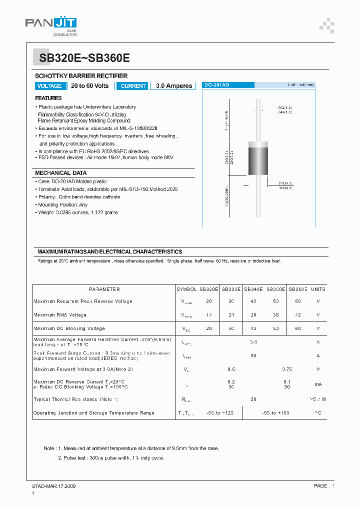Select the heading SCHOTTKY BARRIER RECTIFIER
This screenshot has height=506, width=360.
pyautogui.click(x=81, y=76)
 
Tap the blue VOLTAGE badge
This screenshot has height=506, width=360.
pyautogui.click(x=49, y=86)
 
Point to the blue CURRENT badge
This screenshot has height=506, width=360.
pyautogui.click(x=133, y=86)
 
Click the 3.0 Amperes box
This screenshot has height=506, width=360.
pyautogui.click(x=173, y=86)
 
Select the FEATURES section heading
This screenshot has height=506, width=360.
pyautogui.click(x=48, y=98)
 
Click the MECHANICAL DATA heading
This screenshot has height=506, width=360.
pyautogui.click(x=60, y=173)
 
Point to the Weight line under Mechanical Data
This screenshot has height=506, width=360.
pyautogui.click(x=77, y=212)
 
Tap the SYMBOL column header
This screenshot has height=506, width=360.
pyautogui.click(x=186, y=289)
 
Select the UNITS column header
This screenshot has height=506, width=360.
pyautogui.click(x=318, y=289)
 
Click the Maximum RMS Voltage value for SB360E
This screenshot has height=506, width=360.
pyautogui.click(x=298, y=315)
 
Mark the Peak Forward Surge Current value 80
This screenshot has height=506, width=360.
pyautogui.click(x=253, y=356)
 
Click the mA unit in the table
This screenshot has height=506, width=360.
pyautogui.click(x=318, y=384)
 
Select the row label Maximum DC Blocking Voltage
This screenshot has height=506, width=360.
pyautogui.click(x=69, y=328)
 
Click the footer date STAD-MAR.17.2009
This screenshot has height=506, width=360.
pyautogui.click(x=54, y=486)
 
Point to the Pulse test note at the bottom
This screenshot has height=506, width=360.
pyautogui.click(x=110, y=457)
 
